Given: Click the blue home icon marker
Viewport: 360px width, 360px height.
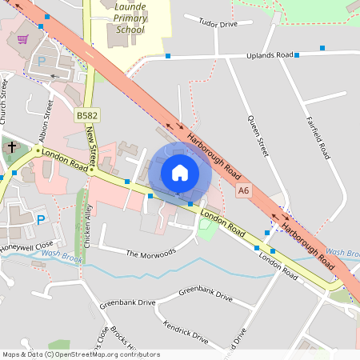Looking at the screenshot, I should [x=180, y=173].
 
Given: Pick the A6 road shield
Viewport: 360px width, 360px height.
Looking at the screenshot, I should [x=244, y=191].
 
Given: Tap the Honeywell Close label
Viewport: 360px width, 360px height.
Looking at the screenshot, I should [x=27, y=246].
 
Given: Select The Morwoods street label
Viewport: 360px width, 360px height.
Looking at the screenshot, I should [x=150, y=254].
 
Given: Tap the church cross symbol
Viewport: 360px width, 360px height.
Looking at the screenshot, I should [x=12, y=147].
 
